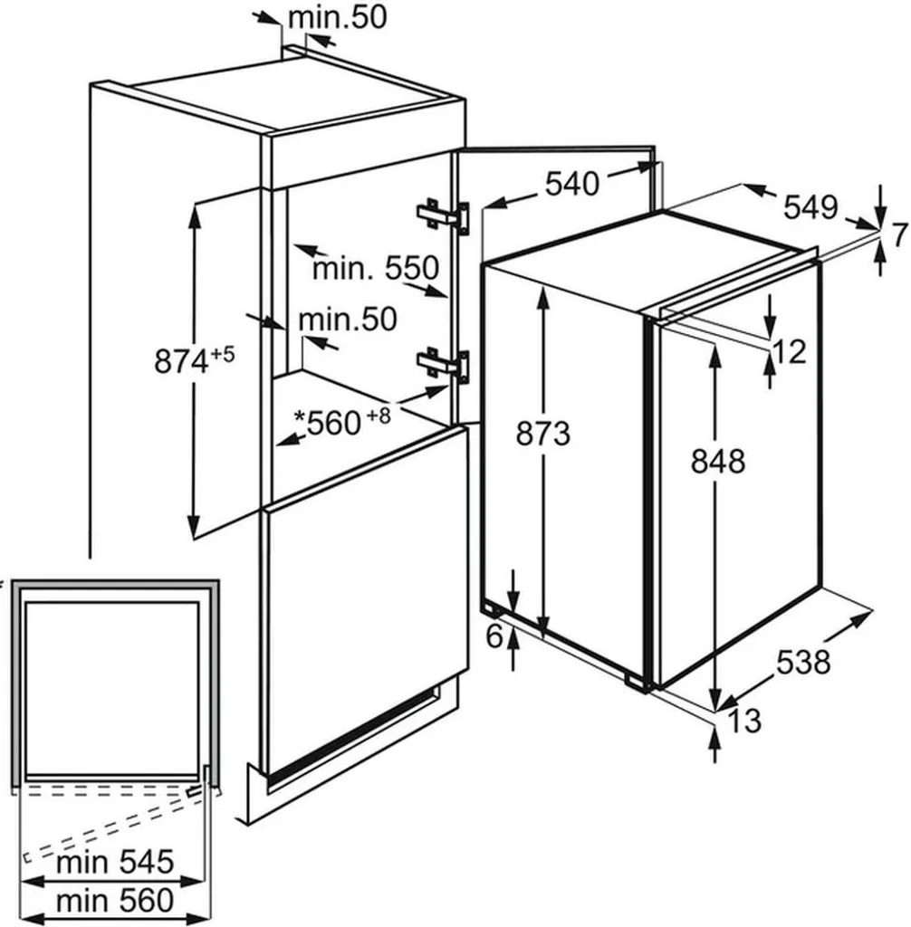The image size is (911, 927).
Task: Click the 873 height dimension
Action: coord(543,435)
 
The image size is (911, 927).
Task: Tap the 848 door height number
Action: coord(717,461)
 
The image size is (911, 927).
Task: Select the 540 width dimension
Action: coord(571,184)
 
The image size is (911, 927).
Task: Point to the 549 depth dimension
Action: coord(810,208)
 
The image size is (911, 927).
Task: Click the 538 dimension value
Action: coord(802,663)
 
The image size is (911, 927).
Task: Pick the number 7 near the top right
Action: coord(897,235)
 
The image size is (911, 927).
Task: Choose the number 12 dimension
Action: coord(790,351)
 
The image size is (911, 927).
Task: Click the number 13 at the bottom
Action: coord(743,721)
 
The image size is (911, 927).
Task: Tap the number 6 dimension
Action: coord(494,636)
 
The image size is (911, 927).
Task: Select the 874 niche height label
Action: coord(194,361)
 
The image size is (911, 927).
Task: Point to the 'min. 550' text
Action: coord(375,268)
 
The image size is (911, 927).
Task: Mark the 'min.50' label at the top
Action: coord(336,17)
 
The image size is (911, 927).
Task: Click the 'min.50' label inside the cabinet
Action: coord(348,319)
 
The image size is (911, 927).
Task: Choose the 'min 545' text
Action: coord(114,862)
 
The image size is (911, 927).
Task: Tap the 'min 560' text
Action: coord(114,900)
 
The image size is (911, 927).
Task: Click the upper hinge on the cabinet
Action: coord(443,216)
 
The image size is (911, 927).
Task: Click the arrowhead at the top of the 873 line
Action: coord(543,292)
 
